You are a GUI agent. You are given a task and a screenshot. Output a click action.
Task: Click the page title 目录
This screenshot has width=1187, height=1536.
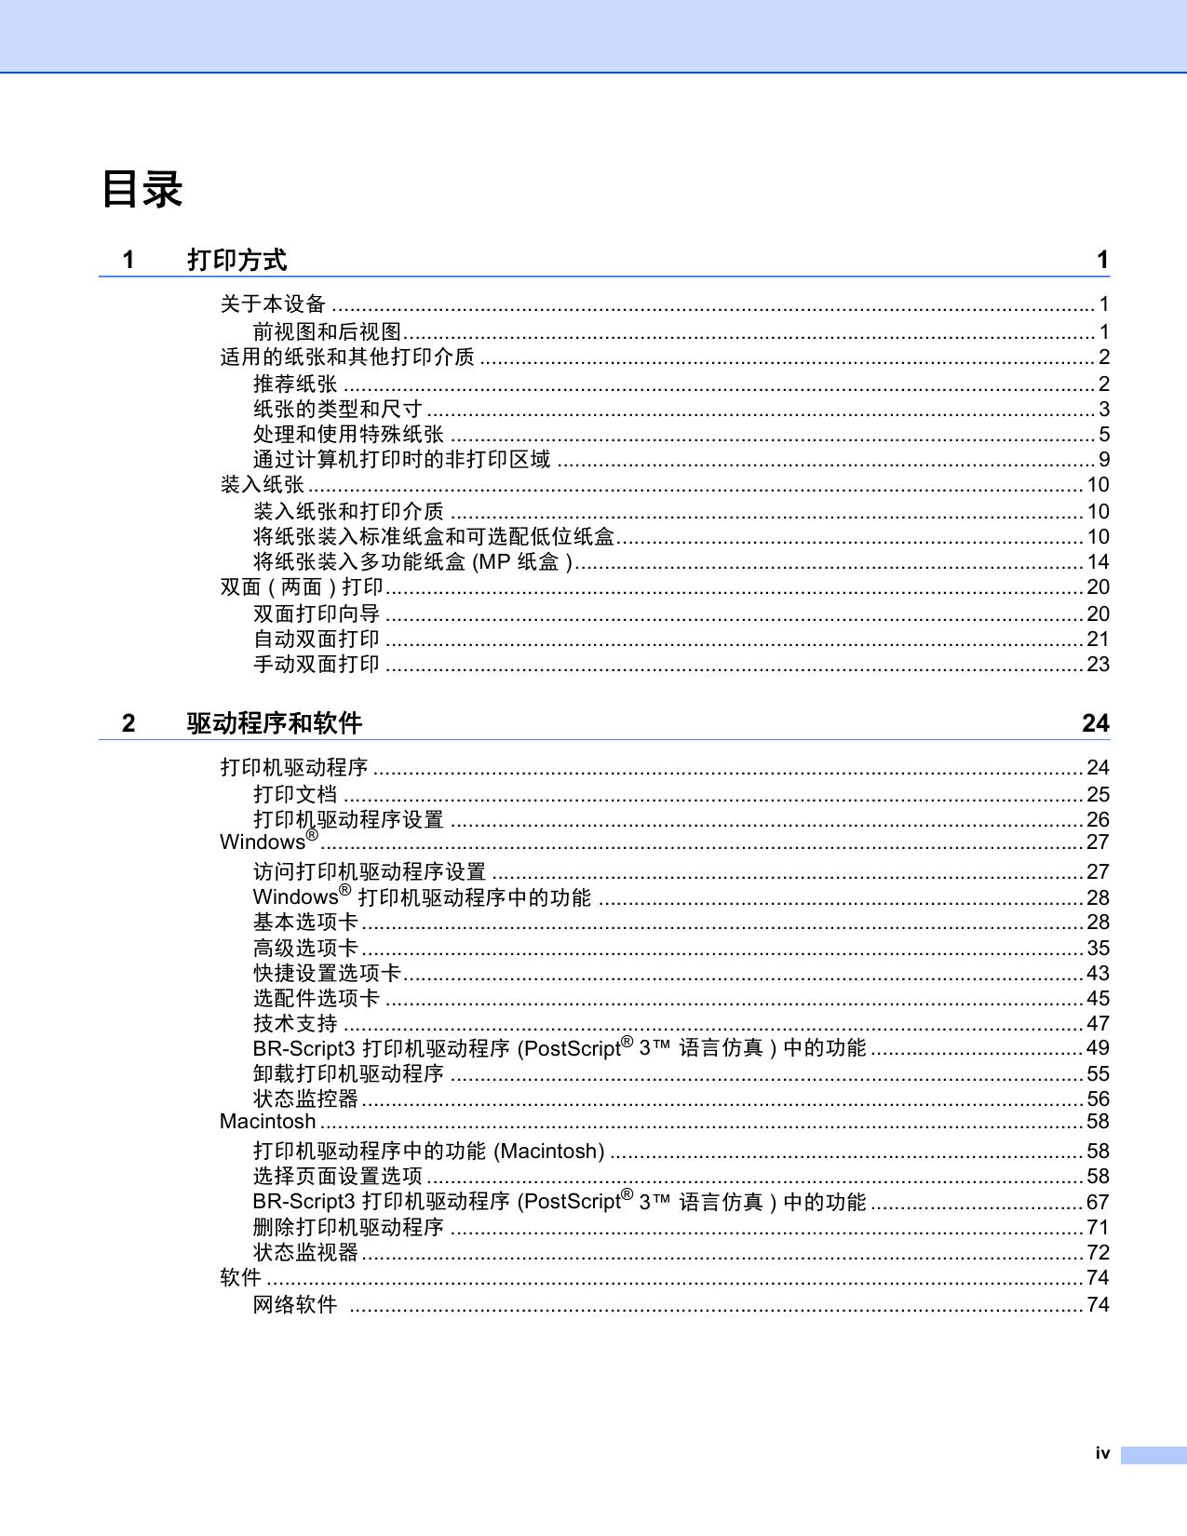(x=142, y=189)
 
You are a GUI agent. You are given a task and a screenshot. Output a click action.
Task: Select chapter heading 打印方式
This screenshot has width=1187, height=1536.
(x=236, y=260)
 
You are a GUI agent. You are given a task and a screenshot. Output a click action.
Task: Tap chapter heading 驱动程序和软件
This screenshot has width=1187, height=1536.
(x=274, y=723)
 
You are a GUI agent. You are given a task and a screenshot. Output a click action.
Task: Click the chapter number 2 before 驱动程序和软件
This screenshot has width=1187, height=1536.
(x=128, y=723)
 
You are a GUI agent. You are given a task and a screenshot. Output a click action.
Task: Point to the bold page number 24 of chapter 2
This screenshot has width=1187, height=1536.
(x=1095, y=723)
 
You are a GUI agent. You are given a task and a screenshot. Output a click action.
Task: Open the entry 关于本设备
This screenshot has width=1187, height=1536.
(x=273, y=303)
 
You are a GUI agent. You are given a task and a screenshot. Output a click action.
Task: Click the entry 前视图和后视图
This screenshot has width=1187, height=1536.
(x=327, y=331)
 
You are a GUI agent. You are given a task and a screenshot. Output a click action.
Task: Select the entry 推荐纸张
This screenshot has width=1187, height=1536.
(x=295, y=384)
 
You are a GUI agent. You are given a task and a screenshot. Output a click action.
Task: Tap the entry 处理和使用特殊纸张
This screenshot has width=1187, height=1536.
(x=348, y=434)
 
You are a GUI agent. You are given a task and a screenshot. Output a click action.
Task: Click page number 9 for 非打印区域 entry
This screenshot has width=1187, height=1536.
(x=1104, y=459)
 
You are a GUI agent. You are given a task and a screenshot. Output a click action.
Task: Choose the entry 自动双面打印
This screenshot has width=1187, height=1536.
(x=317, y=639)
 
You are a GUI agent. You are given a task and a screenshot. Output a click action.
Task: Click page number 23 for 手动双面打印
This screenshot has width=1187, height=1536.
(x=1099, y=664)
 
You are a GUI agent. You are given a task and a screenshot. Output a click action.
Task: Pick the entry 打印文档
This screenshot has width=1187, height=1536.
(x=295, y=794)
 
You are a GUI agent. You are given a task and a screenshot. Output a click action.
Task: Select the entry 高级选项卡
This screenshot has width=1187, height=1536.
(x=305, y=948)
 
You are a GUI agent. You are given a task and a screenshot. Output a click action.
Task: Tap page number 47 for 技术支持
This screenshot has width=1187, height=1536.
(x=1099, y=1023)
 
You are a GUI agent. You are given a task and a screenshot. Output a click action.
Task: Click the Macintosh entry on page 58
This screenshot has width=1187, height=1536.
(x=267, y=1121)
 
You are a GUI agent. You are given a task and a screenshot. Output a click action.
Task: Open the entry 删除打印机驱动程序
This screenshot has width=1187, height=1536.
(x=348, y=1227)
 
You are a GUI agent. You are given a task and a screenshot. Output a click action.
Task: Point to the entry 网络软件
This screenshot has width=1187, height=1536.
(x=295, y=1304)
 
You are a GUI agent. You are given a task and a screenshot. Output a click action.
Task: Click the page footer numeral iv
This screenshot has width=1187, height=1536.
(x=1102, y=1453)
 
